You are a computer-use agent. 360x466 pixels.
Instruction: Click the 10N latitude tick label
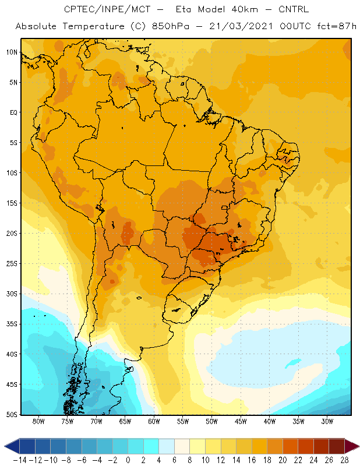[x=12, y=52]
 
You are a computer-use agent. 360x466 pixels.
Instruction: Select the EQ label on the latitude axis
[x=13, y=112]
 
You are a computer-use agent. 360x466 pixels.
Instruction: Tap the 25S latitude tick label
[x=12, y=264]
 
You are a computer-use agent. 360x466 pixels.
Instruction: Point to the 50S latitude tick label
[x=12, y=414]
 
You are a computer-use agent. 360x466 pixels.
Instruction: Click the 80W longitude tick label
[x=38, y=421]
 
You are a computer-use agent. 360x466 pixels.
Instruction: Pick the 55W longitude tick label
[x=183, y=421]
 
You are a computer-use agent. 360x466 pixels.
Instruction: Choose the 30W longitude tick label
[x=327, y=421]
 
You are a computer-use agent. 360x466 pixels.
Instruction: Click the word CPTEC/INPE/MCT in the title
[x=107, y=9]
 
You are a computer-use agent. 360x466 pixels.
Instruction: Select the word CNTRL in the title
[x=294, y=9]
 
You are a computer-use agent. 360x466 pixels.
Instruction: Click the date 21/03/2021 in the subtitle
[x=241, y=26]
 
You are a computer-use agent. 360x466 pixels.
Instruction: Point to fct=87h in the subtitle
[x=337, y=26]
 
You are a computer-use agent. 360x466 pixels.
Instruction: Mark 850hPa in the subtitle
[x=171, y=26]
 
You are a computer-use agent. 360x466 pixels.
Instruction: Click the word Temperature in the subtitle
[x=94, y=26]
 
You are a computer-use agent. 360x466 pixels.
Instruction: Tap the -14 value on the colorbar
[x=20, y=460]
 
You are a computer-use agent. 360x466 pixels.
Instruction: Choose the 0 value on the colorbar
[x=128, y=460]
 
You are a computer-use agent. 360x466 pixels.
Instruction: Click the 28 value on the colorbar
[x=344, y=460]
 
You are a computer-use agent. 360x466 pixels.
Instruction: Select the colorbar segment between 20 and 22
[x=291, y=446]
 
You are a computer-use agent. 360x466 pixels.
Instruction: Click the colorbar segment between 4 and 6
[x=167, y=446]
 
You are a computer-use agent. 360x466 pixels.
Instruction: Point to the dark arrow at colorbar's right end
[x=351, y=446]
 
